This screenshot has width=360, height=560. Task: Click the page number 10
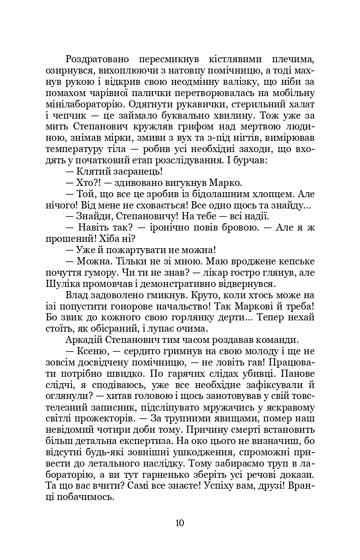(180, 523)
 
